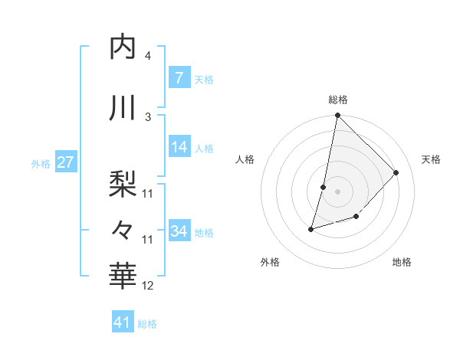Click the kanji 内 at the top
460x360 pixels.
pyautogui.click(x=123, y=47)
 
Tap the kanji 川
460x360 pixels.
pyautogui.click(x=123, y=108)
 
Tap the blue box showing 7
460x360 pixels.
pyautogui.click(x=179, y=78)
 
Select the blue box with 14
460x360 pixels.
pyautogui.click(x=179, y=148)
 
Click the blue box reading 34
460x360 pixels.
pyautogui.click(x=179, y=231)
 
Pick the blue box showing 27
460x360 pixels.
pyautogui.click(x=65, y=162)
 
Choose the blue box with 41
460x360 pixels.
pyautogui.click(x=123, y=322)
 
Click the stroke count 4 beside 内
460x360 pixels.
pyautogui.click(x=148, y=56)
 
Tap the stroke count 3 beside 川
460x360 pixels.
pyautogui.click(x=148, y=116)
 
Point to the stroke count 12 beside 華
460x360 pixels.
pyautogui.click(x=148, y=286)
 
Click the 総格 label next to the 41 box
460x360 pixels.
pyautogui.click(x=147, y=324)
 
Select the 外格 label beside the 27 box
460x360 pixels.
pyautogui.click(x=41, y=163)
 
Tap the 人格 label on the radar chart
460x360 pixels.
pyautogui.click(x=245, y=159)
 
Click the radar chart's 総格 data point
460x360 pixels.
pyautogui.click(x=337, y=116)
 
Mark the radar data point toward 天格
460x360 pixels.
pyautogui.click(x=396, y=172)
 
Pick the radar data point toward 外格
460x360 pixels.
pyautogui.click(x=311, y=228)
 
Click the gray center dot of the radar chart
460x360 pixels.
pyautogui.click(x=337, y=191)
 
